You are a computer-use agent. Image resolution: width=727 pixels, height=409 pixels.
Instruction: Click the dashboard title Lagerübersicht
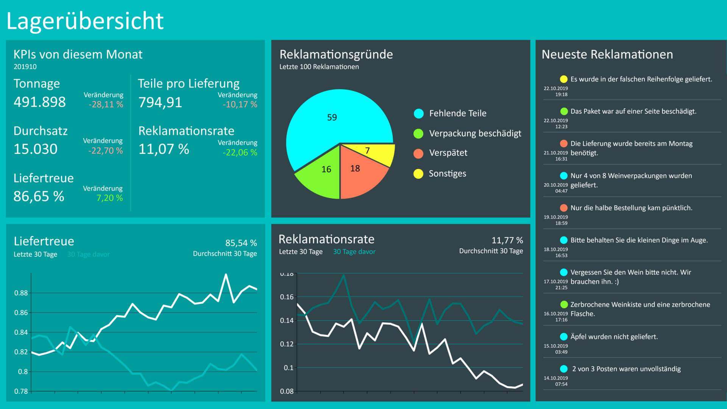(x=85, y=21)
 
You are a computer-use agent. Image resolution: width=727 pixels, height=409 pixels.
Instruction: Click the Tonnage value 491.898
(x=40, y=102)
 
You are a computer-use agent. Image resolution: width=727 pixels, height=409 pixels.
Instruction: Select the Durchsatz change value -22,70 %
(x=106, y=151)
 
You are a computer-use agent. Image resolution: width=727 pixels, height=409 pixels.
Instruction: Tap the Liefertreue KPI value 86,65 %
(x=39, y=197)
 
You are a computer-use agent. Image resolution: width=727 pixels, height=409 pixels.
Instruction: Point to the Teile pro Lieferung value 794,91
(x=160, y=103)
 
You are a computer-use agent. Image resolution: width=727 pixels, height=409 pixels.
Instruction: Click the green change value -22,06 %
(x=240, y=153)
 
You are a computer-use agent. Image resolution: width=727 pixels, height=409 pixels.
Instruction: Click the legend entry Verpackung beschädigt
(x=475, y=133)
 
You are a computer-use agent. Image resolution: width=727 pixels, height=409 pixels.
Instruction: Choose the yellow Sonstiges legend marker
(x=418, y=174)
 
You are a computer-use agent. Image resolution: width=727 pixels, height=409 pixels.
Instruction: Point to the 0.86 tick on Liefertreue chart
(x=21, y=313)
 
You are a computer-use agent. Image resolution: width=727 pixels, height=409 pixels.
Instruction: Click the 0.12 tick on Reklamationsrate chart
(x=287, y=344)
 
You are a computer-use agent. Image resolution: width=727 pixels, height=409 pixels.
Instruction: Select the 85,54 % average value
(x=241, y=243)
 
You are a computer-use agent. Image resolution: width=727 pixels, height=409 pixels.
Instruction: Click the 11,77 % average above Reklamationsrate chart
(x=507, y=240)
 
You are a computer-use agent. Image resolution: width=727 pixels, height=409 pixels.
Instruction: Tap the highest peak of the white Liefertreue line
(x=226, y=275)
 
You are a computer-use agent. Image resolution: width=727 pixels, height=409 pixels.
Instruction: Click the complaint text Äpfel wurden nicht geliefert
(x=614, y=337)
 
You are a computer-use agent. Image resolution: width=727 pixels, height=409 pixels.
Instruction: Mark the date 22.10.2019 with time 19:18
(x=556, y=91)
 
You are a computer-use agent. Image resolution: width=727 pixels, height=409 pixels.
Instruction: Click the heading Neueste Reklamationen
(x=607, y=55)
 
